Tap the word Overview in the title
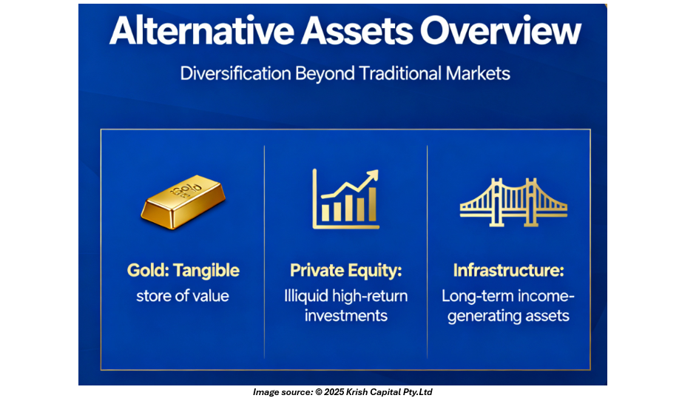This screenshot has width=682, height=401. point(500,30)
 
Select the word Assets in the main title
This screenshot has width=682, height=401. point(357,30)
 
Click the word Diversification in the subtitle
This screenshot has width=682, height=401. point(235,73)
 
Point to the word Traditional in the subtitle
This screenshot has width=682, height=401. point(400,73)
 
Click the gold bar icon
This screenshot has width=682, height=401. point(183,201)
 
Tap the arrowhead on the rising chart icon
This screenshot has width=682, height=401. point(372,175)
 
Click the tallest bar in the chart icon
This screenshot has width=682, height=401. point(372,204)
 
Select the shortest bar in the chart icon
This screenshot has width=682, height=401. point(325,212)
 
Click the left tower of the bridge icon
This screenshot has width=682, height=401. point(496,202)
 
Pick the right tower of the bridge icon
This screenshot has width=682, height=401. point(530,202)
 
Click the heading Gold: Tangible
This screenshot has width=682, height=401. point(183,271)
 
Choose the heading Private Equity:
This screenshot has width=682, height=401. point(345,271)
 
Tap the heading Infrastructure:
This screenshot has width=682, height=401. point(508,270)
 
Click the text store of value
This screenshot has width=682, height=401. point(183,296)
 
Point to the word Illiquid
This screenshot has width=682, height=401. point(306,296)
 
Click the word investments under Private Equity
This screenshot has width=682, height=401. point(345,315)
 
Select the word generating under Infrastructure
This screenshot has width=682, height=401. point(484,316)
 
